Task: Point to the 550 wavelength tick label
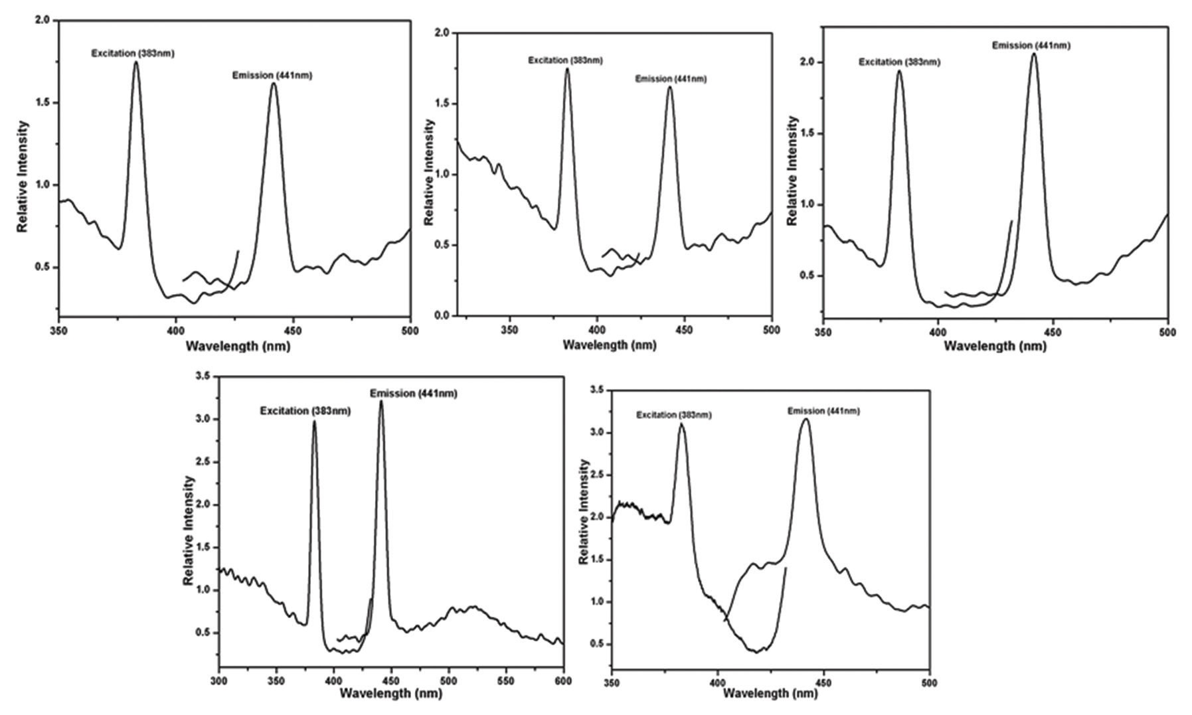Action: point(506,680)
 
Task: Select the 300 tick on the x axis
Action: point(218,680)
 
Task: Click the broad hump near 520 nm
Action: point(473,607)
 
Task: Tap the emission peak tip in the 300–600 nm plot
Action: point(381,401)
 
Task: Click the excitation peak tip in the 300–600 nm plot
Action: point(314,422)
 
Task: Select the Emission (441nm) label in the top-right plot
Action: point(1031,46)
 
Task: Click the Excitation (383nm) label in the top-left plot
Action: point(133,54)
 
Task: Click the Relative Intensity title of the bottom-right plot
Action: point(584,511)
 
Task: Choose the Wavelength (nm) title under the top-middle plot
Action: point(609,345)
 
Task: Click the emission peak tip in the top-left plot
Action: point(273,83)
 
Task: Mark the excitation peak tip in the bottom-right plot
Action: point(681,424)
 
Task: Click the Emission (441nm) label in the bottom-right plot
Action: point(823,411)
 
